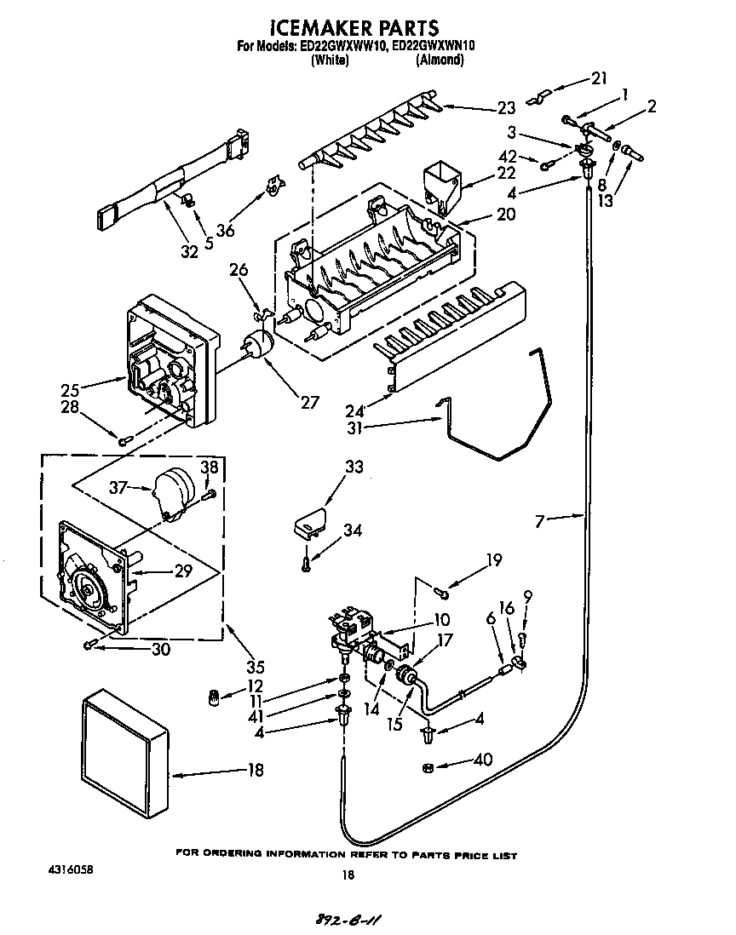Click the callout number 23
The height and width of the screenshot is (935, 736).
(x=506, y=108)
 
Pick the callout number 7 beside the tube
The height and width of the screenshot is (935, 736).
(x=539, y=520)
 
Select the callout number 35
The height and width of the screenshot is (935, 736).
(x=256, y=667)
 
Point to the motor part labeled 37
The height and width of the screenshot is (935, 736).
(x=173, y=492)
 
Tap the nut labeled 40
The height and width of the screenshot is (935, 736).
(x=428, y=768)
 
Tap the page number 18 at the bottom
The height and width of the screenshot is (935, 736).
(x=347, y=875)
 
